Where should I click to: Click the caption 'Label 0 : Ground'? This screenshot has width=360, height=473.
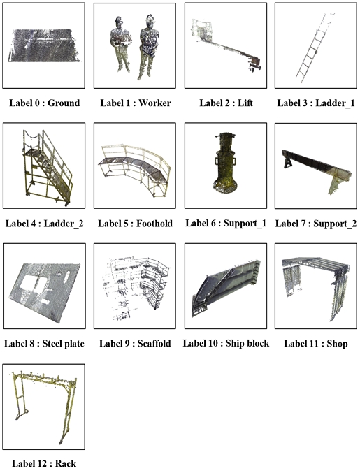point(44,103)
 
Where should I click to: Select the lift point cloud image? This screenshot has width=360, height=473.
point(226,45)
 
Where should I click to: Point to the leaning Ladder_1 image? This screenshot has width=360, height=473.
point(315,47)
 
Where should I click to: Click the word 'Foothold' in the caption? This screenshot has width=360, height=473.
point(154,224)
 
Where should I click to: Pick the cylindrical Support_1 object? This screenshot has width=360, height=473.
point(225,163)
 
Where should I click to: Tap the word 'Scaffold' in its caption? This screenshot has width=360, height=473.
point(154,344)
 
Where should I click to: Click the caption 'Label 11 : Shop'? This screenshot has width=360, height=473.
point(315,344)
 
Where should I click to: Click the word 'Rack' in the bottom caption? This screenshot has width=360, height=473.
point(66,463)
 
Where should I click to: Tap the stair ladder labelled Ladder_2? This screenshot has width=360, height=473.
point(48,168)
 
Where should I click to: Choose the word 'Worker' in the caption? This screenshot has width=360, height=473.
point(154,103)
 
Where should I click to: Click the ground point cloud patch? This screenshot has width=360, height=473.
point(44,45)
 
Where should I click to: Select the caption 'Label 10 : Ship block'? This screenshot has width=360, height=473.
point(226,343)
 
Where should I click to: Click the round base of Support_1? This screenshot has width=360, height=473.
point(225,187)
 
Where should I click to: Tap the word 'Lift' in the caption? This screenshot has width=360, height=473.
point(245,103)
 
